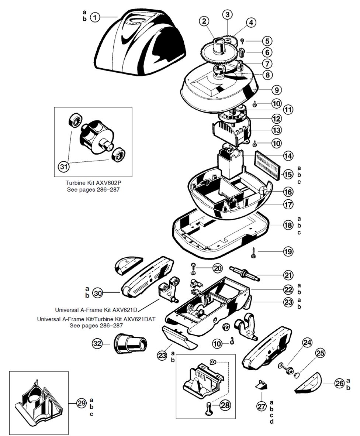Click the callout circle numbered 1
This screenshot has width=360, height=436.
tap(95, 17)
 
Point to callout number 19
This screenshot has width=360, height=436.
tap(288, 252)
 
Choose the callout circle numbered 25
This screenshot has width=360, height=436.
tap(320, 353)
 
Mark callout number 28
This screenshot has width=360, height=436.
tap(225, 405)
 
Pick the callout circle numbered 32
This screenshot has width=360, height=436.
tap(97, 344)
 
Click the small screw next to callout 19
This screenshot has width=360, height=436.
tap(254, 252)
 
